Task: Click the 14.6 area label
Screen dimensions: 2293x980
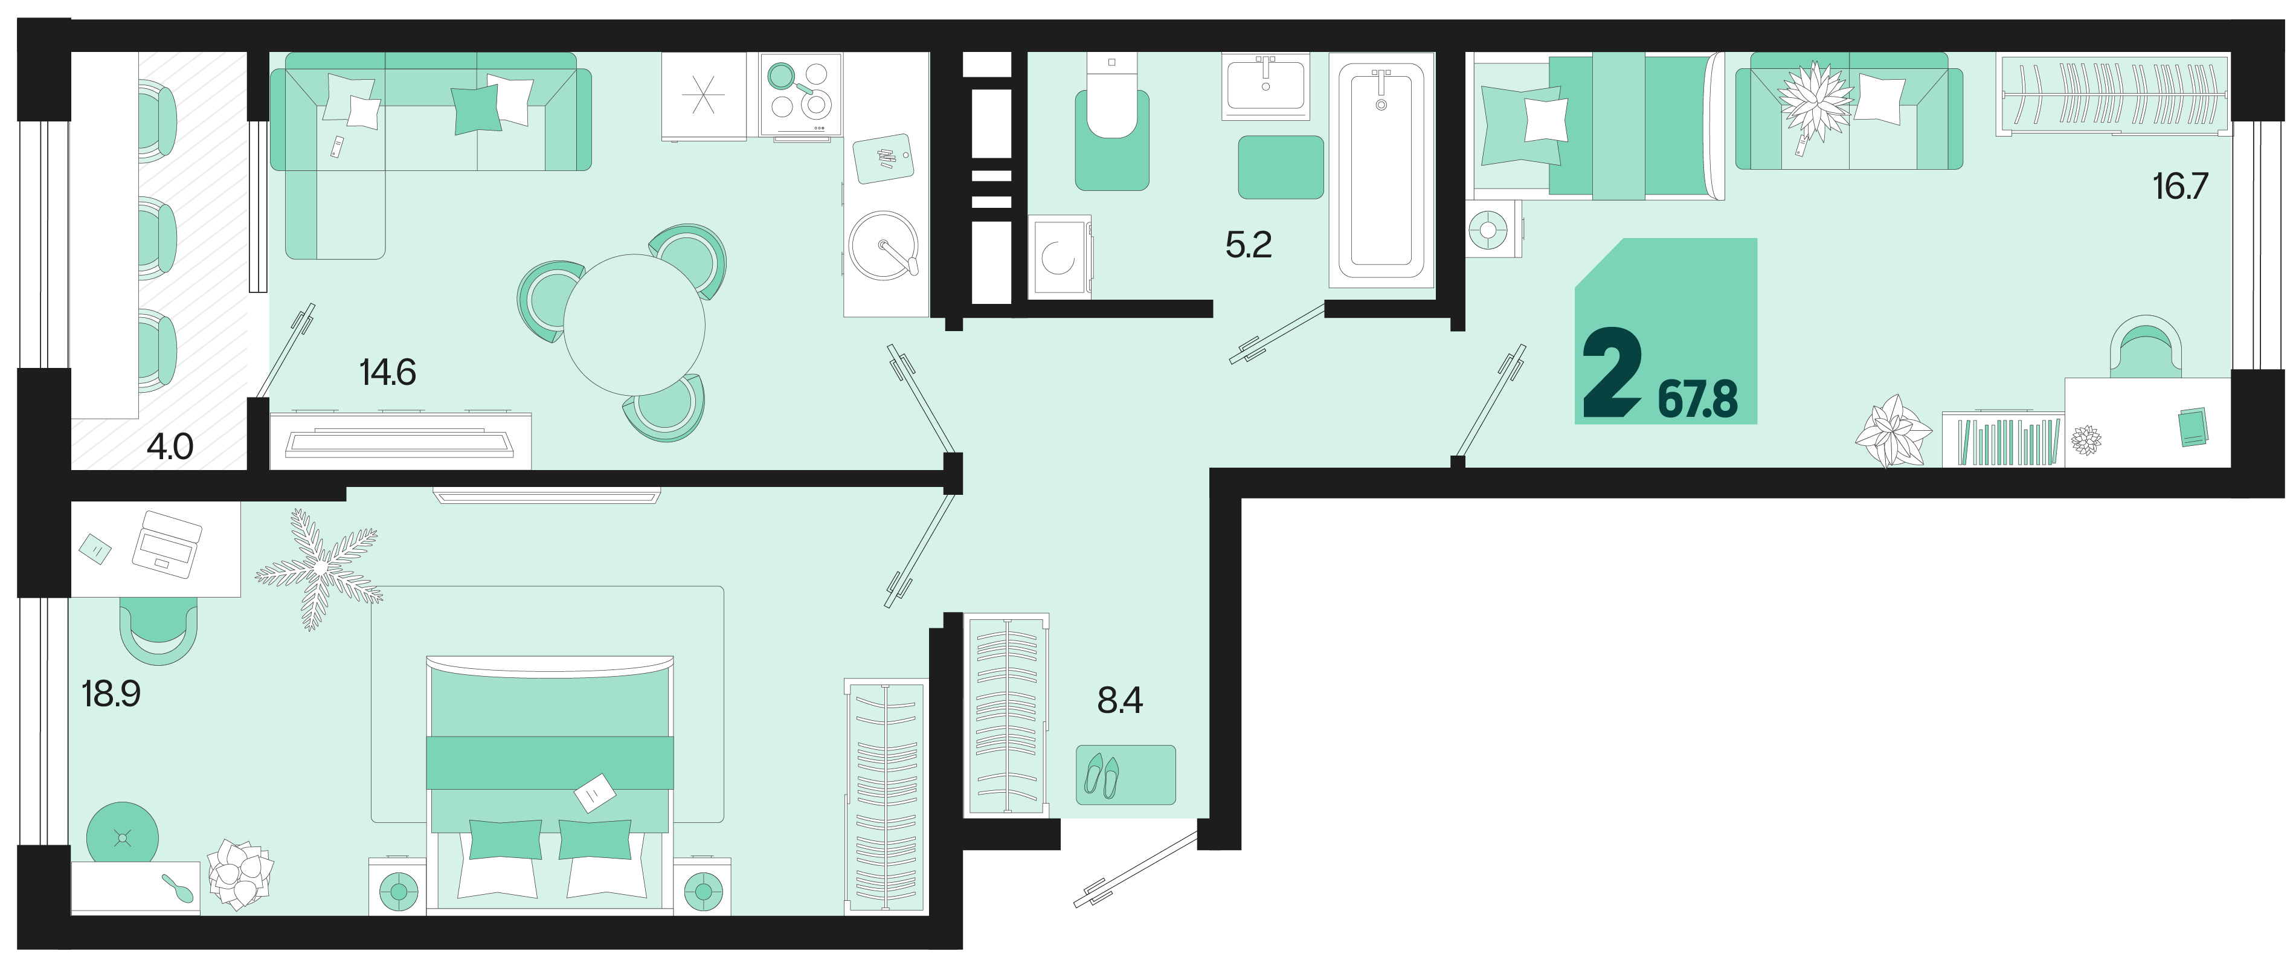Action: (x=387, y=372)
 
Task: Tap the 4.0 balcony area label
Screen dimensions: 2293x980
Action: (x=170, y=446)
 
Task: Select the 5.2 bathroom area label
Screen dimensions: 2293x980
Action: (x=1248, y=244)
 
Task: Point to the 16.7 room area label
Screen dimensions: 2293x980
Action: (x=2180, y=186)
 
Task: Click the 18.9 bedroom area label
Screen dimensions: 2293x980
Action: (x=111, y=694)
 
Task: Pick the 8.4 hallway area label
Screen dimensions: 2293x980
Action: (x=1120, y=700)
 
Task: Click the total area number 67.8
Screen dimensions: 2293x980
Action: (x=1697, y=399)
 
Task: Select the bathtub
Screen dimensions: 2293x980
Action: (x=1381, y=170)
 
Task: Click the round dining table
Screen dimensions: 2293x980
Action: (x=634, y=325)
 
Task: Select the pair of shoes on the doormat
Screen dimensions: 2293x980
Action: (x=1102, y=775)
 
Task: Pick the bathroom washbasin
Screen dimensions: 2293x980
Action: (x=1265, y=85)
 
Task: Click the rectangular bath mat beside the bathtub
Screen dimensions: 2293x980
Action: (x=1281, y=167)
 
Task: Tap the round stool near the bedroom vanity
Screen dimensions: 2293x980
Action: (x=123, y=837)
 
